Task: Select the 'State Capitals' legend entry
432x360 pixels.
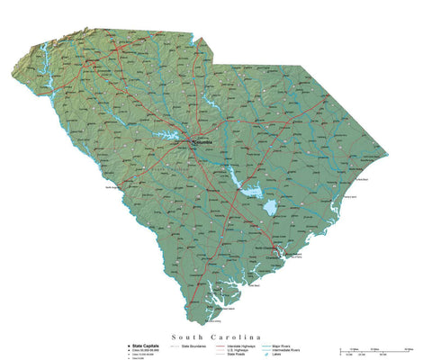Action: point(148,343)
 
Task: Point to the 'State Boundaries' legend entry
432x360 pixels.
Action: point(197,344)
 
